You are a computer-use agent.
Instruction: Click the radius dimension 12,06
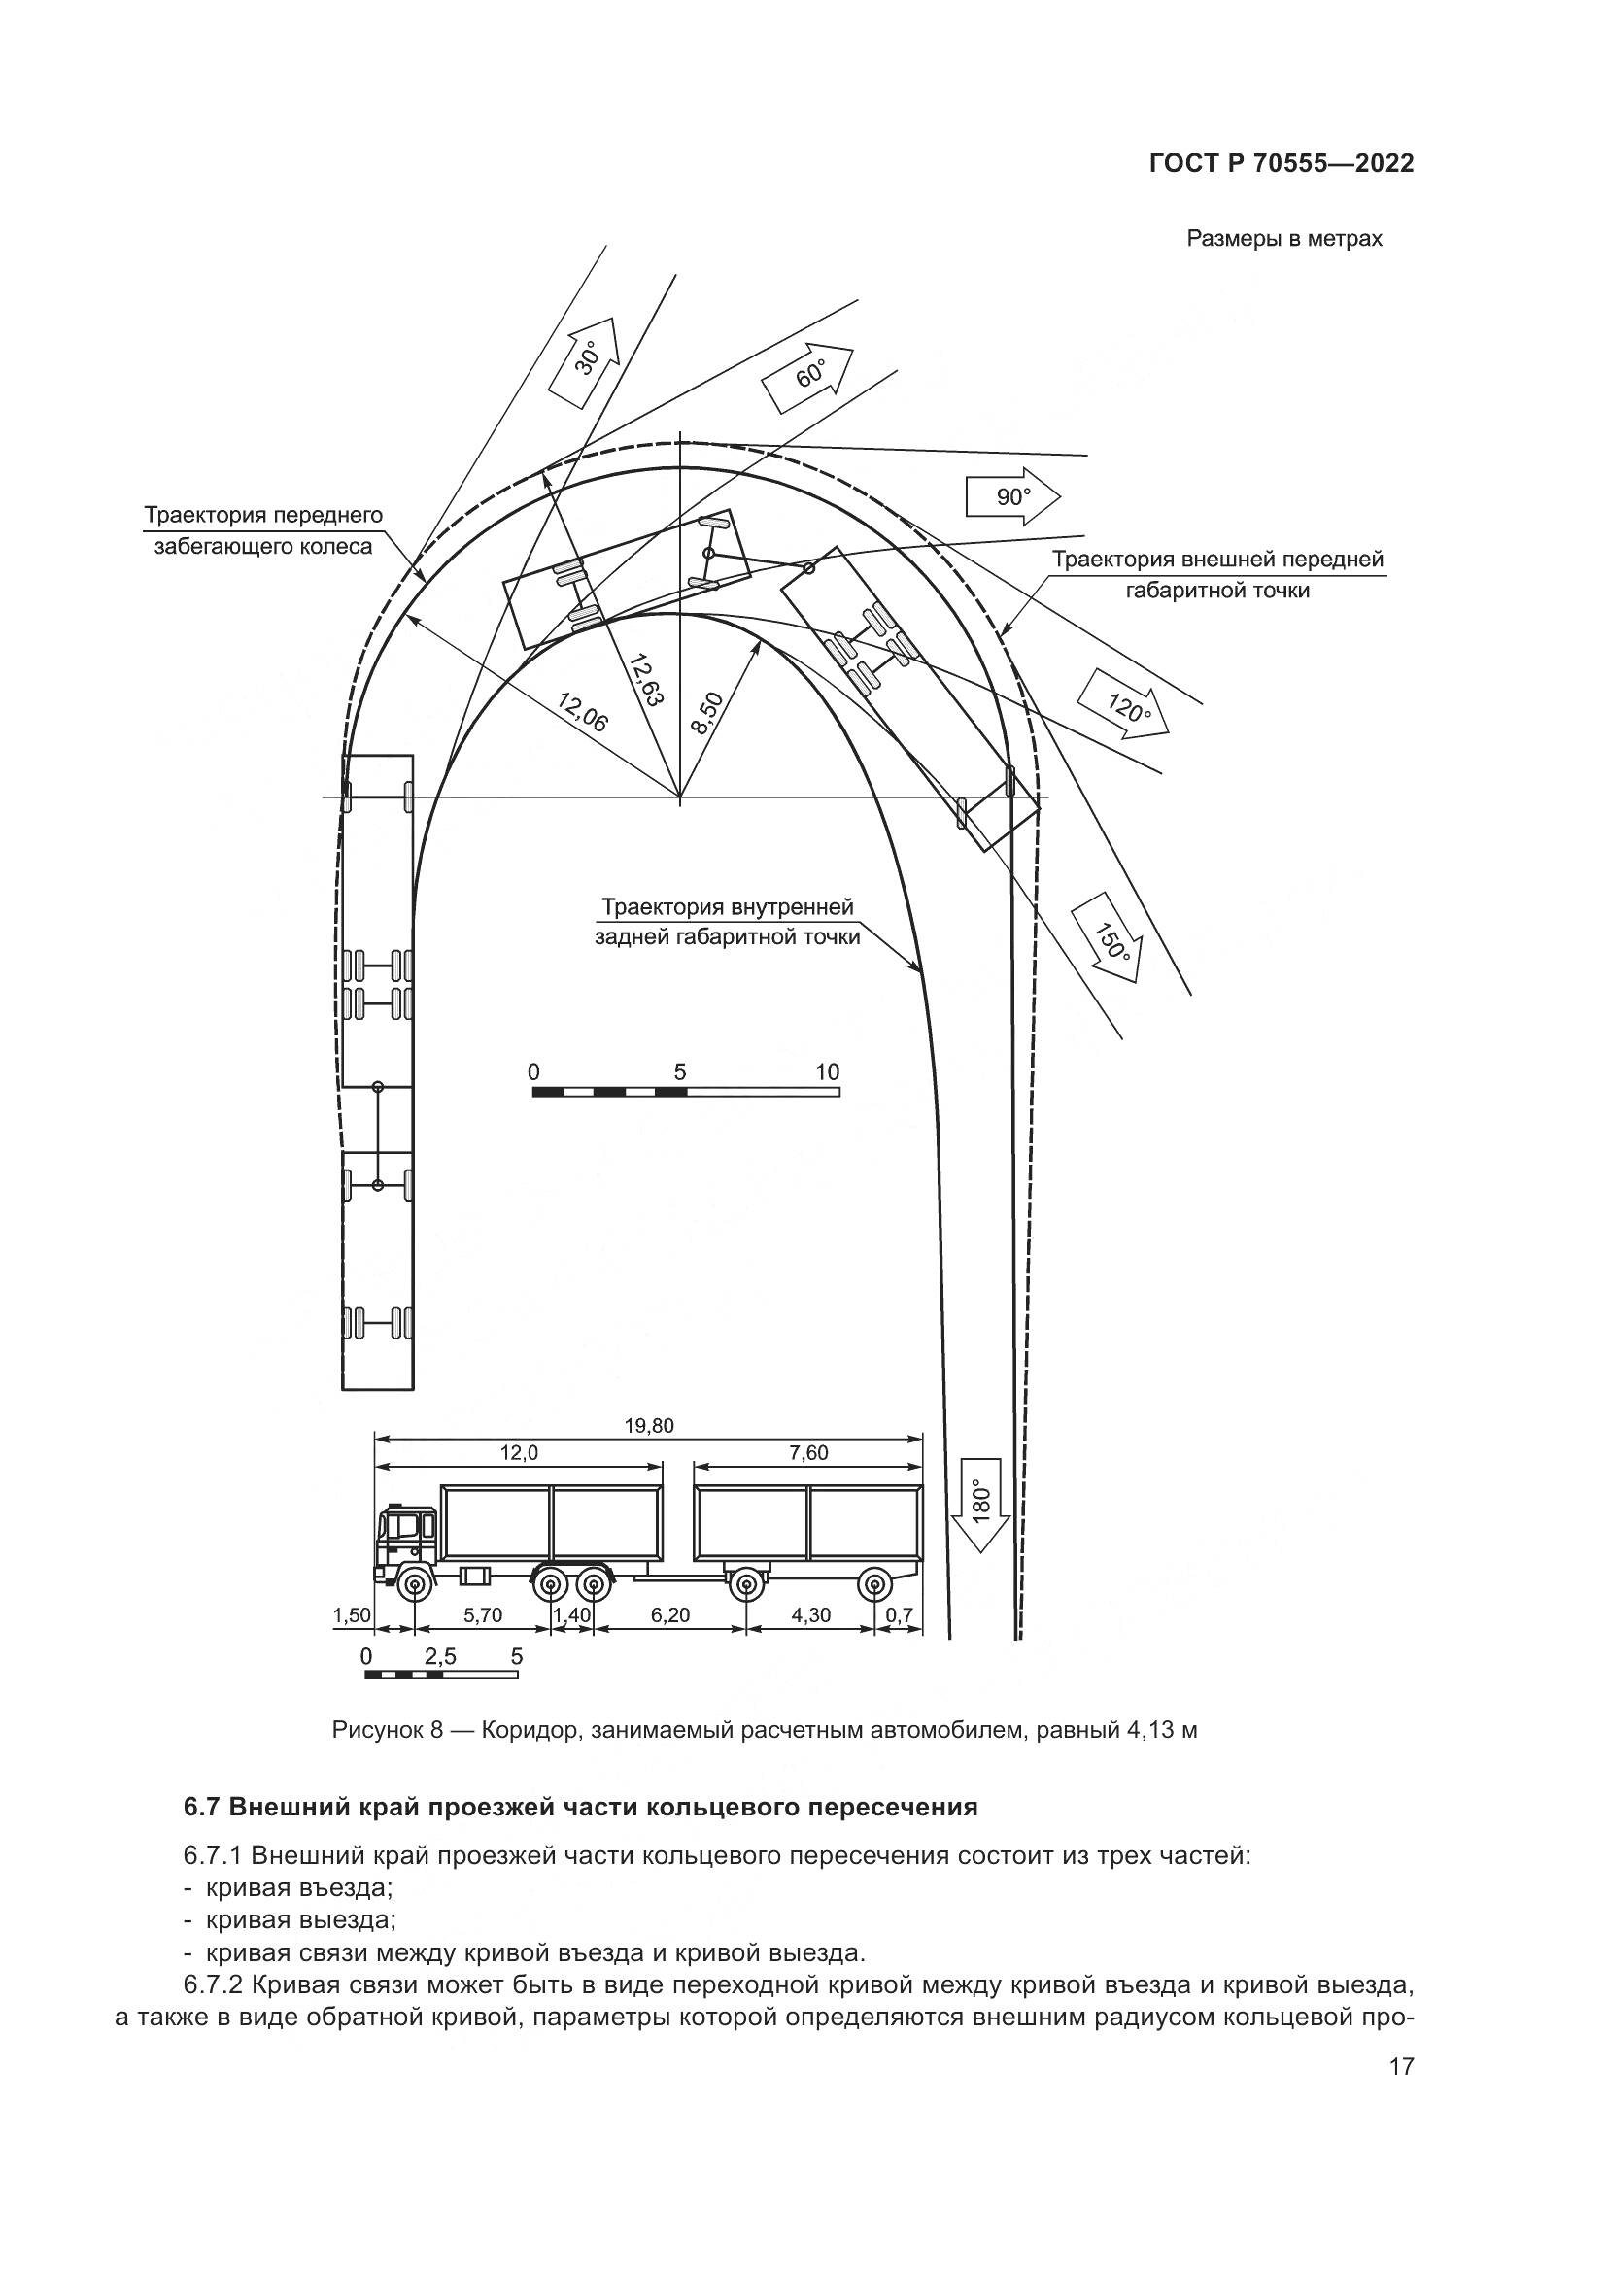coord(583,711)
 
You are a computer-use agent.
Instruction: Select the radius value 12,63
coord(645,679)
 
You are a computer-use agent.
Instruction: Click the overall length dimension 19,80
coord(649,1426)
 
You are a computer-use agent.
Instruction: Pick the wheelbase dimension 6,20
coord(670,1616)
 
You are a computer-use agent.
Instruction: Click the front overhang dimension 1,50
coord(352,1616)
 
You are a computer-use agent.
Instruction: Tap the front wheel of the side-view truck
coord(414,1586)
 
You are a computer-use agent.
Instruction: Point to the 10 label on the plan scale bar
coord(827,1071)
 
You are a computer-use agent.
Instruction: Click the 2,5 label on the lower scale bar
coord(440,1656)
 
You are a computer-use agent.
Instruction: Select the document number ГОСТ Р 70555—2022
coord(1282,164)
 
